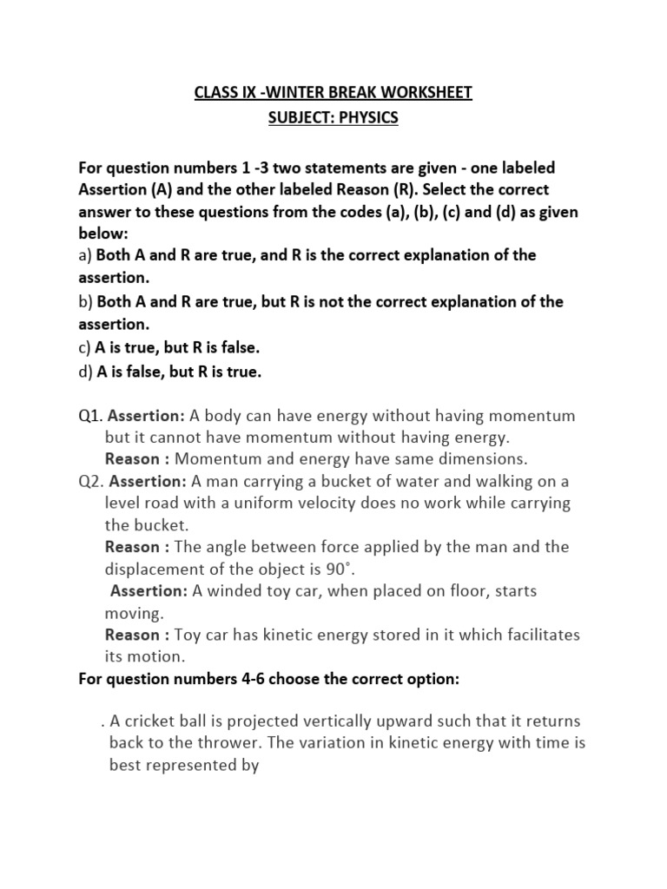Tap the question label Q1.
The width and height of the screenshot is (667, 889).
click(x=89, y=416)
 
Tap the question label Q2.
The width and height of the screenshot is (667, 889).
click(x=89, y=481)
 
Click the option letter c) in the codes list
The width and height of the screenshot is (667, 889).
click(x=85, y=347)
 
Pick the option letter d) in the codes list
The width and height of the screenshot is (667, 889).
click(x=85, y=372)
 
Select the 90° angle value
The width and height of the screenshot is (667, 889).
click(x=341, y=569)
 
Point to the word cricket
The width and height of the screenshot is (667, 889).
click(x=155, y=721)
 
